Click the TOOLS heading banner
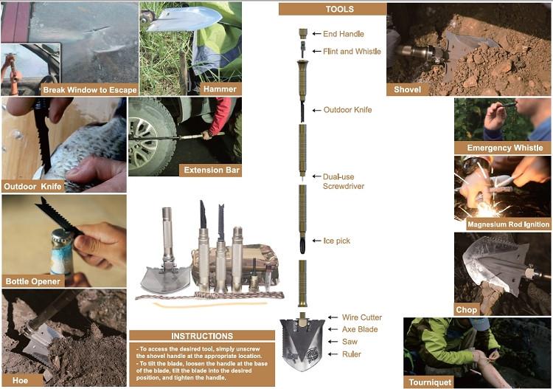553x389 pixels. (333, 9)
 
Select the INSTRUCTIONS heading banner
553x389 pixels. (202, 336)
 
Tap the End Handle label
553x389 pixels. (343, 34)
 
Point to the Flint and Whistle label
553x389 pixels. (352, 51)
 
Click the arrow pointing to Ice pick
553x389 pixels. (316, 241)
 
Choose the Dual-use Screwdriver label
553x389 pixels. (343, 182)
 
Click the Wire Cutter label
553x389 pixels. (362, 317)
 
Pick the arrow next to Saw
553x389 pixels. (333, 342)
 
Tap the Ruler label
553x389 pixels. (352, 354)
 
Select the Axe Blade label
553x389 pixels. (360, 329)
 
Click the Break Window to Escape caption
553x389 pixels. (89, 89)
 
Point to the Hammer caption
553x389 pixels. (220, 89)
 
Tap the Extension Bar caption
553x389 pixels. (212, 171)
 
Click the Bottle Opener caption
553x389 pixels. (32, 281)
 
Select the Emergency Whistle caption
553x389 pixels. (504, 148)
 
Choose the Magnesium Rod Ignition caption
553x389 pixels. (508, 224)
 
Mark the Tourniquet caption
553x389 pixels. (430, 382)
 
